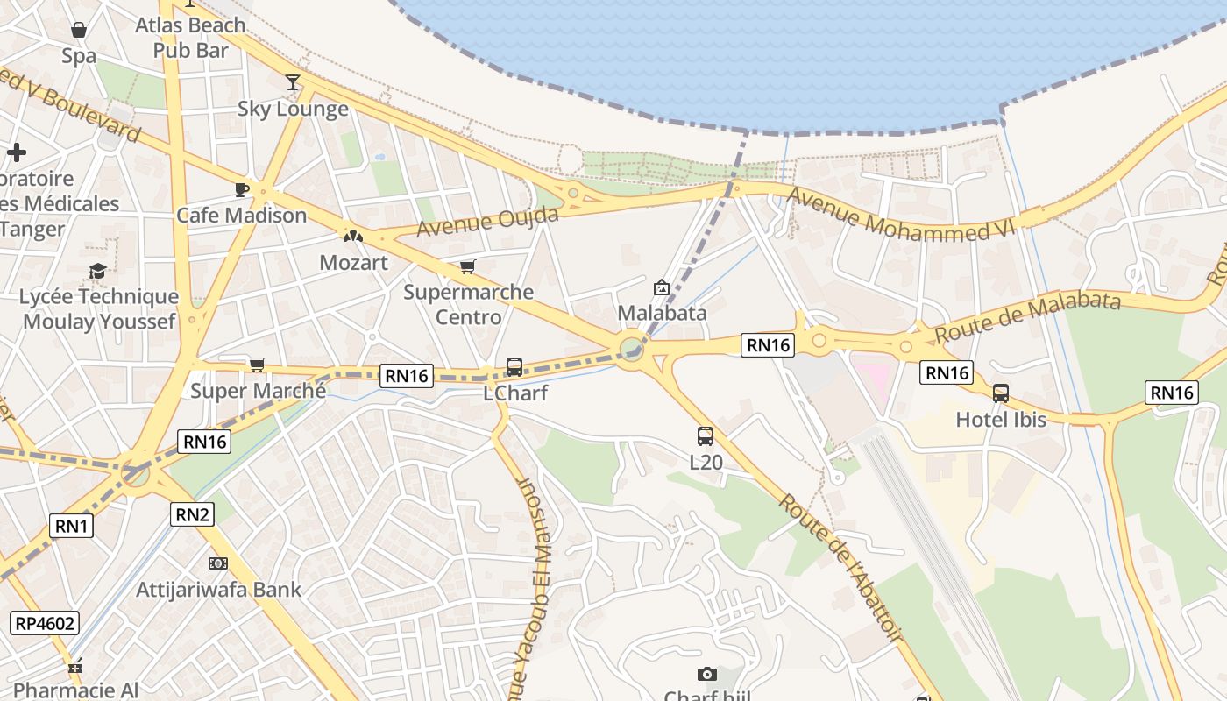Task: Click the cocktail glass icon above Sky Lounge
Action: coord(293,82)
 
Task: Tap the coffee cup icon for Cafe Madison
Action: coord(242,189)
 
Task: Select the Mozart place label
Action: coord(353,262)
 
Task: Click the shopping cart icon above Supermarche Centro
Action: coord(468,266)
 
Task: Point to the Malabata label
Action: coord(662,313)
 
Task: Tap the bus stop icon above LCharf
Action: coord(514,367)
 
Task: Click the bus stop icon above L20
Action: coord(705,435)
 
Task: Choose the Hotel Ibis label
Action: coord(1001,420)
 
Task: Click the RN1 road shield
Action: coord(72,526)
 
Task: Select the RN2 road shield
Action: coord(192,514)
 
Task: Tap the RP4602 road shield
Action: coord(45,624)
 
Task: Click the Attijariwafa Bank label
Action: coord(218,590)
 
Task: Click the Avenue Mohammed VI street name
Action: coord(901,215)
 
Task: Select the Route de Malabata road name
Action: coord(1027,317)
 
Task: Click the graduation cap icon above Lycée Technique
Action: coord(97,271)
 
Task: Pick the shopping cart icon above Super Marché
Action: coord(257,365)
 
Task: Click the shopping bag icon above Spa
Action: coord(79,31)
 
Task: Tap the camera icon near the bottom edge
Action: coord(707,674)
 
